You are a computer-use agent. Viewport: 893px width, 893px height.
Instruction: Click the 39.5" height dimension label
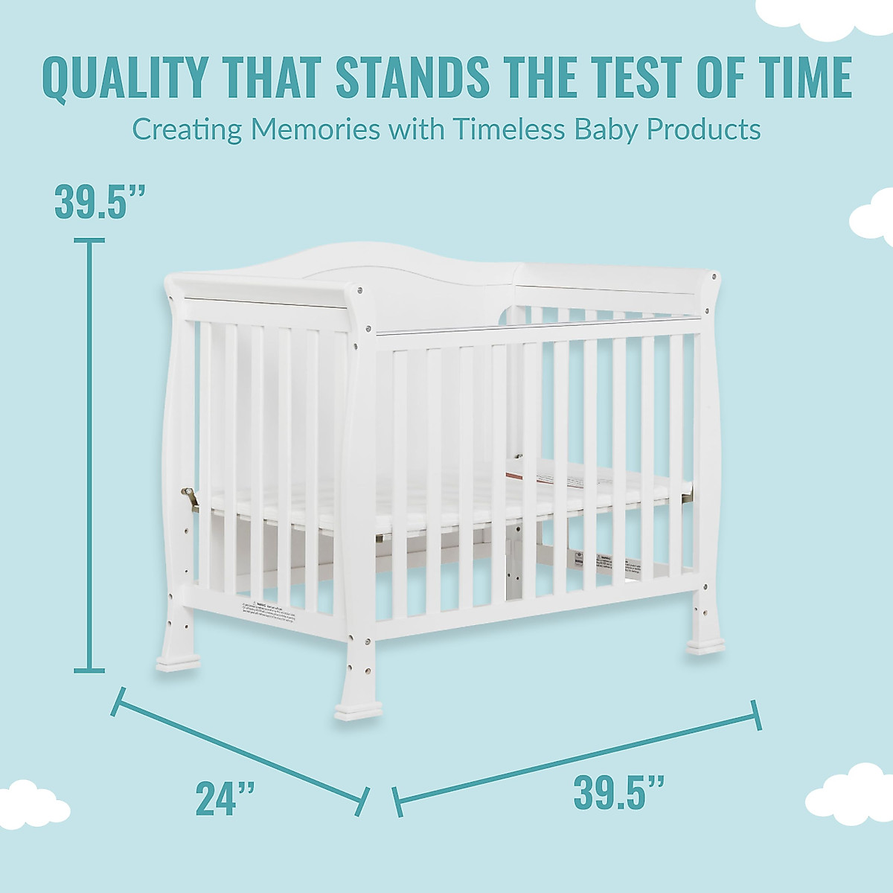point(99,202)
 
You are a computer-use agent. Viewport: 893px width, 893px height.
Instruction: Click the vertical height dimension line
point(91,454)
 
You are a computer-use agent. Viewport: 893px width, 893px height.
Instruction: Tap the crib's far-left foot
point(177,657)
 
